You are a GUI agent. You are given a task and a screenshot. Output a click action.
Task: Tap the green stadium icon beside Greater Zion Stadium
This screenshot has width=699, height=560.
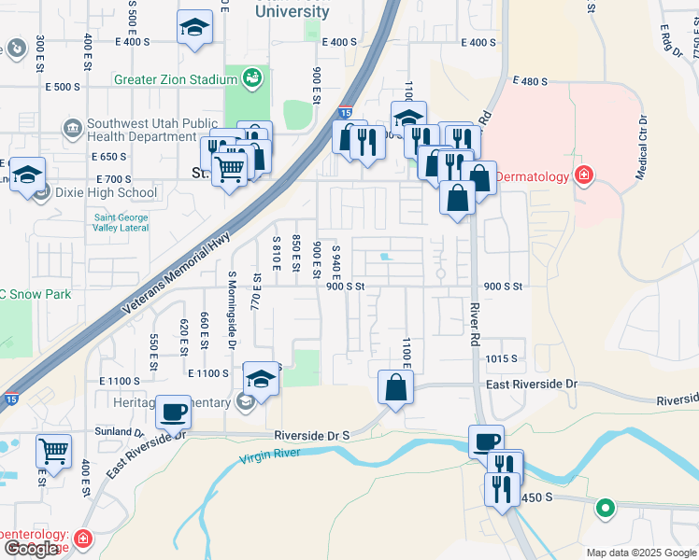click(251, 79)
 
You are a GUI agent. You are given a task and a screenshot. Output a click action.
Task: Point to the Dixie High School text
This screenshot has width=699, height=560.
click(107, 193)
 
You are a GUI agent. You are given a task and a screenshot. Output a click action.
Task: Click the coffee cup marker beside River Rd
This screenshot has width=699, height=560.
click(487, 441)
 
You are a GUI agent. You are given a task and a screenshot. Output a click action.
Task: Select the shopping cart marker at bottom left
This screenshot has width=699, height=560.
click(54, 451)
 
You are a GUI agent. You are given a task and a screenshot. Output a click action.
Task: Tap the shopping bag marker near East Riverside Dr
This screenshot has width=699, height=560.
click(396, 386)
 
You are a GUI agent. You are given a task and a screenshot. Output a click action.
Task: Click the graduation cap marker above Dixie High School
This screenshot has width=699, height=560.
click(28, 174)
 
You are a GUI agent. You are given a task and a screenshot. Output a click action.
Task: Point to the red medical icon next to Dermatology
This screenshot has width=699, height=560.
click(584, 175)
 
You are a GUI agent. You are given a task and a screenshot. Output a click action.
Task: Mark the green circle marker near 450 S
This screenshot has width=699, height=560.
click(606, 509)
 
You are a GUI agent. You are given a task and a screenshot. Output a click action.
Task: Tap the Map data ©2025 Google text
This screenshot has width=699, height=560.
click(640, 553)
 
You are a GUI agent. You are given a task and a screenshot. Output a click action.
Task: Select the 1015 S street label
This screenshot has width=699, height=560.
click(501, 358)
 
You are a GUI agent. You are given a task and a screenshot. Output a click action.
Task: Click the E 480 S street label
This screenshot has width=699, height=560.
click(529, 82)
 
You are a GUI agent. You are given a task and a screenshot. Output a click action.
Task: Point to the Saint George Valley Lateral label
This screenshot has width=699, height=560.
click(121, 224)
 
